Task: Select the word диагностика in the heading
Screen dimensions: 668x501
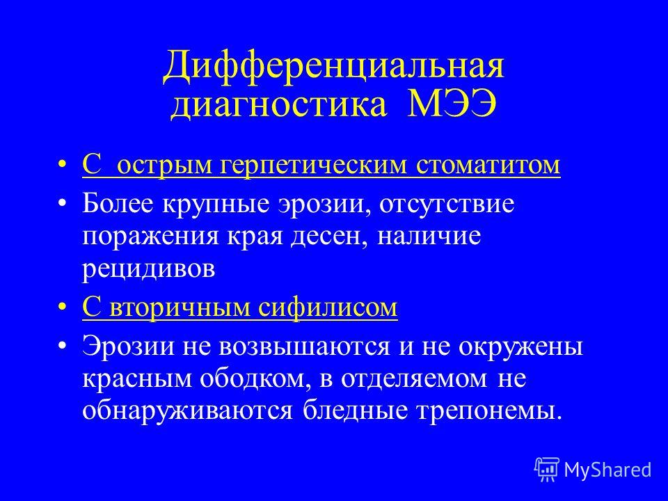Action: point(279,105)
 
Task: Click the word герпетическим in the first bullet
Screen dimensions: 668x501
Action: point(313,166)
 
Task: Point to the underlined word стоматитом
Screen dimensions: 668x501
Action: point(488,165)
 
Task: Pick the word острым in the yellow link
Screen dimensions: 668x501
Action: point(164,166)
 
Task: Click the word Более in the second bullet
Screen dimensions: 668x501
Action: point(118,204)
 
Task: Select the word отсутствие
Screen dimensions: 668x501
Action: point(447,205)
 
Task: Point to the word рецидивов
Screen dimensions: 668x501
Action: point(149,269)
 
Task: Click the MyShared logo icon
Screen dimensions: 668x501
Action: point(547,469)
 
